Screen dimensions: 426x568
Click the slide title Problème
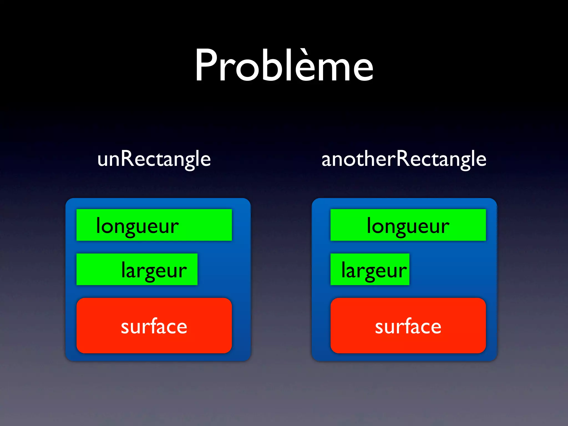click(x=284, y=65)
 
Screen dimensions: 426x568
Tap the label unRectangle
click(x=154, y=159)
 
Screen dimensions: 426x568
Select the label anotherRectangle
click(x=404, y=159)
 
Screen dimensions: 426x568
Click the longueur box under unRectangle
click(x=154, y=225)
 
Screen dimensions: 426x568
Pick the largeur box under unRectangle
click(x=137, y=269)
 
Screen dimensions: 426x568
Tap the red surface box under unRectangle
click(x=154, y=326)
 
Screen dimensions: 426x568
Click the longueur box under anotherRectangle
click(x=408, y=225)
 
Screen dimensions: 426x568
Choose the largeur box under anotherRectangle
click(x=370, y=269)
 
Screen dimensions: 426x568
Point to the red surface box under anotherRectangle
click(x=408, y=326)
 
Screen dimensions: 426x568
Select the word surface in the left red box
click(x=154, y=326)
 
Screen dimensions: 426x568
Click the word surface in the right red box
click(x=408, y=326)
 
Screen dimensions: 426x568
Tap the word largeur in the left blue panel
click(x=154, y=270)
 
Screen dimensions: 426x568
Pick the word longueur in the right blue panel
click(x=408, y=226)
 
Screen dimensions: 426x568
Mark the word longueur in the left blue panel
click(x=137, y=226)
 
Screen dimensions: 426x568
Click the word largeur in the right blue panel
click(x=374, y=270)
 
